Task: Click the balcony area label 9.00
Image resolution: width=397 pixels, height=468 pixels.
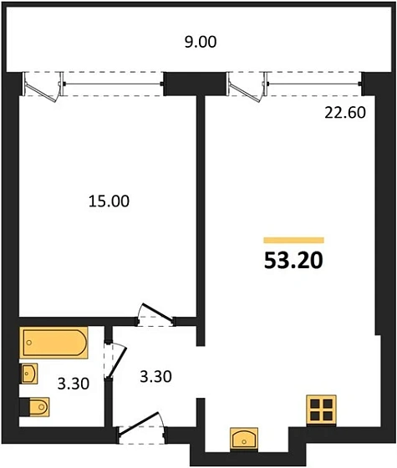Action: [201, 42]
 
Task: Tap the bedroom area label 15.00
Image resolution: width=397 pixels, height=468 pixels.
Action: [109, 201]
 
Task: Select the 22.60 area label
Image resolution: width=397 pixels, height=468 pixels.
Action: [345, 113]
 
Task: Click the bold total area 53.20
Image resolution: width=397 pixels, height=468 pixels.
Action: [293, 260]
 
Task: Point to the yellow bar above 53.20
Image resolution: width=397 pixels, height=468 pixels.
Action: [293, 241]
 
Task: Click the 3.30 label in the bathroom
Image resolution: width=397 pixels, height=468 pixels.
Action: [74, 384]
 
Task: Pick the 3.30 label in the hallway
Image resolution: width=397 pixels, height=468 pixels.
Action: [155, 377]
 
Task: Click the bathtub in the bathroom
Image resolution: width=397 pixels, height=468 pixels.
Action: [53, 343]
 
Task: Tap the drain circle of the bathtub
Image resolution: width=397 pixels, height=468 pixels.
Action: [29, 343]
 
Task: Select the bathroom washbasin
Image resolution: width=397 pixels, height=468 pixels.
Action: [28, 374]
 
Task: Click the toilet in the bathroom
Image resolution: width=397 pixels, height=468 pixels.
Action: [34, 406]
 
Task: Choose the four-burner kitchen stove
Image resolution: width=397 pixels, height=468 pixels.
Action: [322, 409]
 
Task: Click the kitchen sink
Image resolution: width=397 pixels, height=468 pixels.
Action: [244, 438]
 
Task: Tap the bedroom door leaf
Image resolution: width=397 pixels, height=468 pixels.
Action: [157, 313]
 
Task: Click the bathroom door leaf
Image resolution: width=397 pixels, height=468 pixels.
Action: [118, 363]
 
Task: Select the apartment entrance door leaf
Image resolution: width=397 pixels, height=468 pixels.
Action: [139, 424]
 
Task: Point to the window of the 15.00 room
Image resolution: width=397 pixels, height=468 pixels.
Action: [113, 84]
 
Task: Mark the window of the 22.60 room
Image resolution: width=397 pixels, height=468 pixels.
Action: [313, 84]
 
